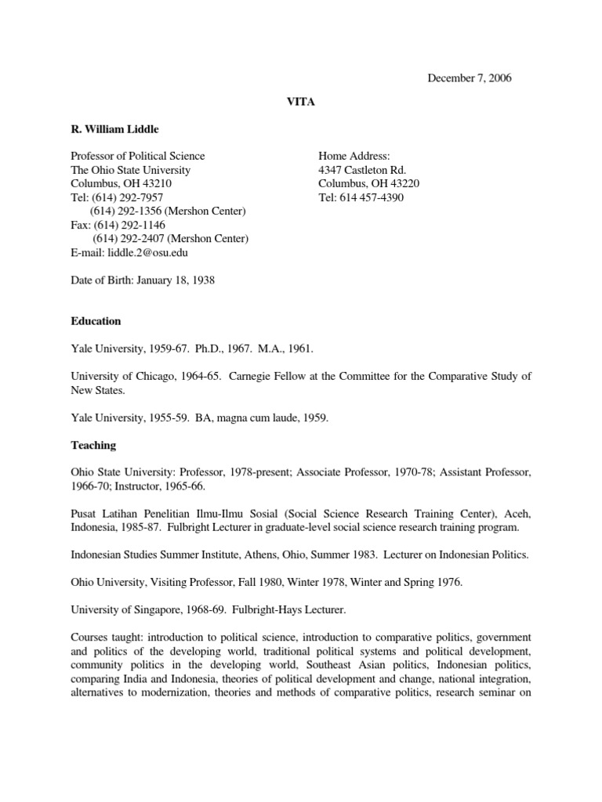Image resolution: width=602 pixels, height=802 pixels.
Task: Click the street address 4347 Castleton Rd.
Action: click(361, 170)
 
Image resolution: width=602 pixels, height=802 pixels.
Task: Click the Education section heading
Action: click(96, 321)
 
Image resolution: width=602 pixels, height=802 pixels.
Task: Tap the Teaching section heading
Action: click(93, 445)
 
